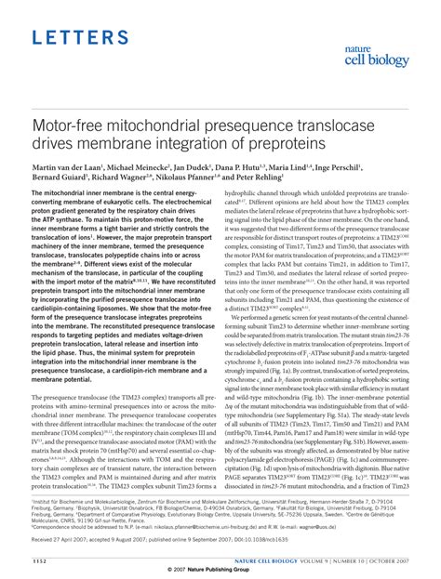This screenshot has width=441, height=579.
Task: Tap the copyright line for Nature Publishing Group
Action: click(220, 572)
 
